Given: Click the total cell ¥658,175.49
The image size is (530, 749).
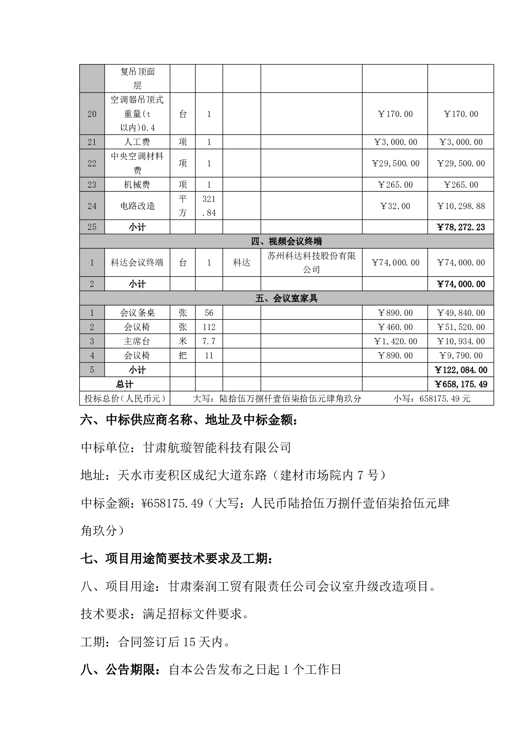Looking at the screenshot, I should pyautogui.click(x=461, y=384).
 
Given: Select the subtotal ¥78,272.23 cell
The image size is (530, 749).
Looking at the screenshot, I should pyautogui.click(x=461, y=227).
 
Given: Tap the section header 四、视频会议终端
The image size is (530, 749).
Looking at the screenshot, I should pyautogui.click(x=286, y=242).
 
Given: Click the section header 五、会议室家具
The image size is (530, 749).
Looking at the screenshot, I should pyautogui.click(x=286, y=298).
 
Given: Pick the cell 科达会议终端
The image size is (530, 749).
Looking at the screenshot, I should pyautogui.click(x=137, y=263).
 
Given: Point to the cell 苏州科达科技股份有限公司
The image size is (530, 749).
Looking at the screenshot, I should pyautogui.click(x=311, y=263).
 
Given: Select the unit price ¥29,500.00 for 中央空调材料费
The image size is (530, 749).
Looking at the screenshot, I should pyautogui.click(x=395, y=164).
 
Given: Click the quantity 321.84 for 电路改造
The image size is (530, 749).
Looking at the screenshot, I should pyautogui.click(x=209, y=206).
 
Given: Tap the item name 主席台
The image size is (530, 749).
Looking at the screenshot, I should pyautogui.click(x=137, y=342).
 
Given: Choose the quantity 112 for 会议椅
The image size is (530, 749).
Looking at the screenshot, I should pyautogui.click(x=209, y=327).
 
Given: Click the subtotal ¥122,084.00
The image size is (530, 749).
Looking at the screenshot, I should pyautogui.click(x=461, y=370).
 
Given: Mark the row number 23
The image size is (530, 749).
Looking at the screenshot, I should pyautogui.click(x=92, y=185).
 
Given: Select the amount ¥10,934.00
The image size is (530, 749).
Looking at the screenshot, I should pyautogui.click(x=461, y=342).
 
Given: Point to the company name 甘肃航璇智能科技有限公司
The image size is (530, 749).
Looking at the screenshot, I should pyautogui.click(x=217, y=447).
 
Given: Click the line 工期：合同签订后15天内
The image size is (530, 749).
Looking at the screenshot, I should pyautogui.click(x=155, y=642).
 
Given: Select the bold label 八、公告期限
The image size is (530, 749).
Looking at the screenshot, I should pyautogui.click(x=121, y=670).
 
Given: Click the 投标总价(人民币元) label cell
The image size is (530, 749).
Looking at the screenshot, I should pyautogui.click(x=125, y=399).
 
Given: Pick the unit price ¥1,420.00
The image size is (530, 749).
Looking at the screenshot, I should pyautogui.click(x=395, y=342).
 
